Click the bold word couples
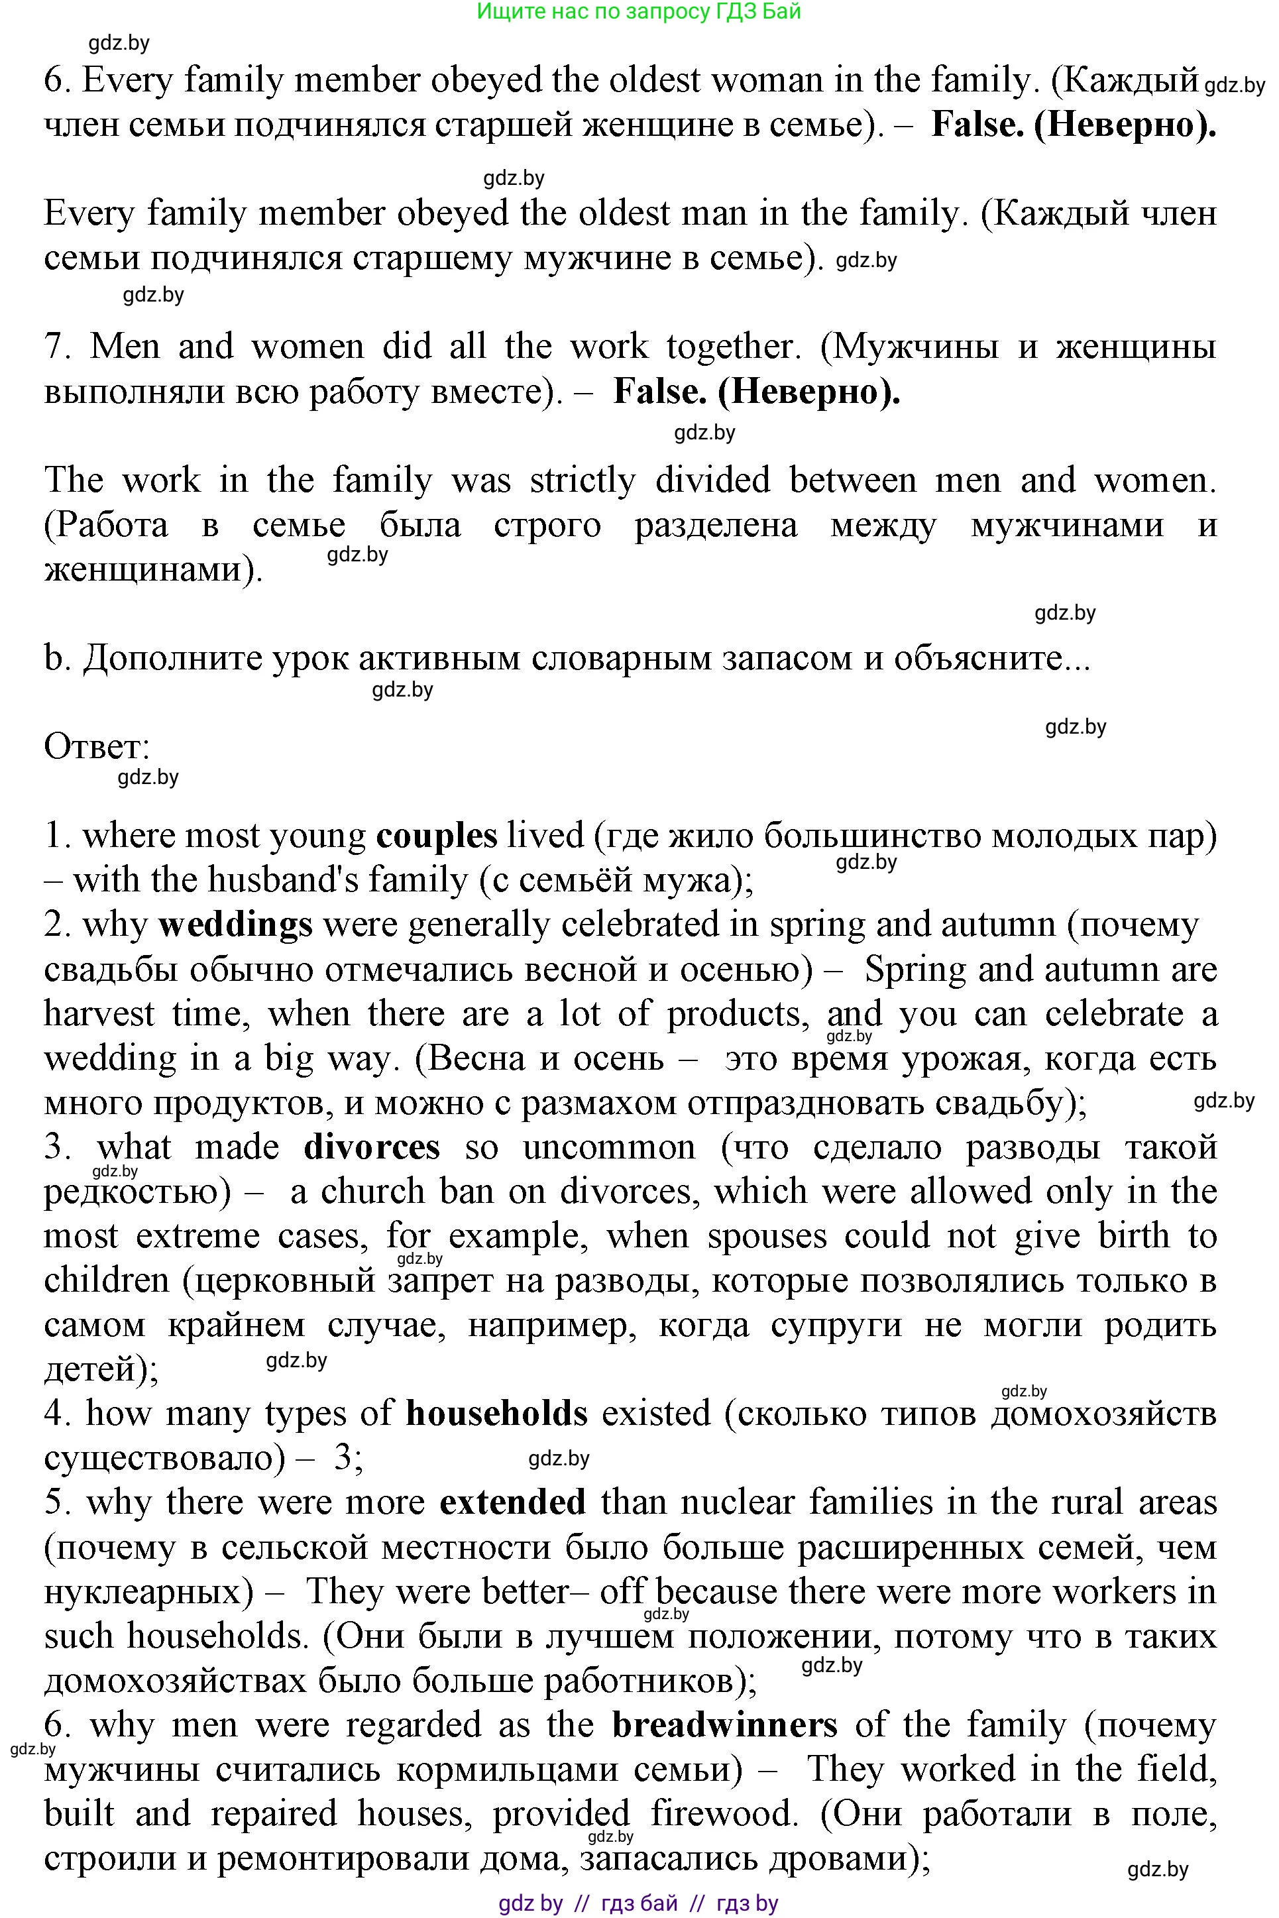point(437,836)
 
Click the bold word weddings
point(236,925)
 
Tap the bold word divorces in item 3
point(372,1148)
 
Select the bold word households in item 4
point(497,1414)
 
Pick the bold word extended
point(512,1502)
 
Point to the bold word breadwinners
point(725,1725)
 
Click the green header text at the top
point(638,11)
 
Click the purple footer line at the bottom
point(638,1903)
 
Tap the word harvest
point(98,1014)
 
